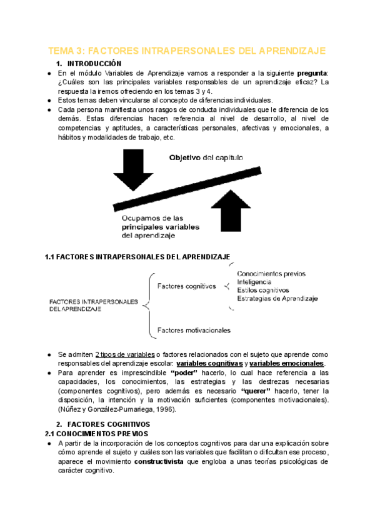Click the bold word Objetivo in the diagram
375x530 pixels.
[x=186, y=158]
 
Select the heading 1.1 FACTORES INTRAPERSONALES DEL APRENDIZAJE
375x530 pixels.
[x=137, y=257]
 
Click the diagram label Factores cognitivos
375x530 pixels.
[x=186, y=286]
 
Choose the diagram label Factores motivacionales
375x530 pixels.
[x=194, y=329]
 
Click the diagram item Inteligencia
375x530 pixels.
[x=254, y=282]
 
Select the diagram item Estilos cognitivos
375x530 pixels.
[x=263, y=290]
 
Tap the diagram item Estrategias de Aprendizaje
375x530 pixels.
[x=277, y=299]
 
